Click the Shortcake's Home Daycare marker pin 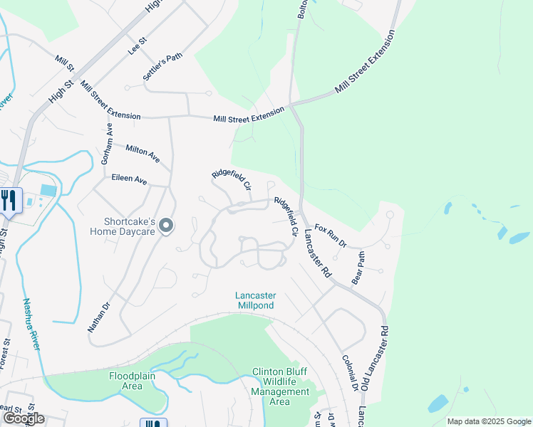166,226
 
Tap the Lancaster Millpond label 256,300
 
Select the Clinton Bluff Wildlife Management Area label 280,386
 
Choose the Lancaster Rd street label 317,252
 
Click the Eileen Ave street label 129,181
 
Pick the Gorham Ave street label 107,144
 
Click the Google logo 24,418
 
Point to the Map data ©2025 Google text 489,421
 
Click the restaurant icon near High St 9,200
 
